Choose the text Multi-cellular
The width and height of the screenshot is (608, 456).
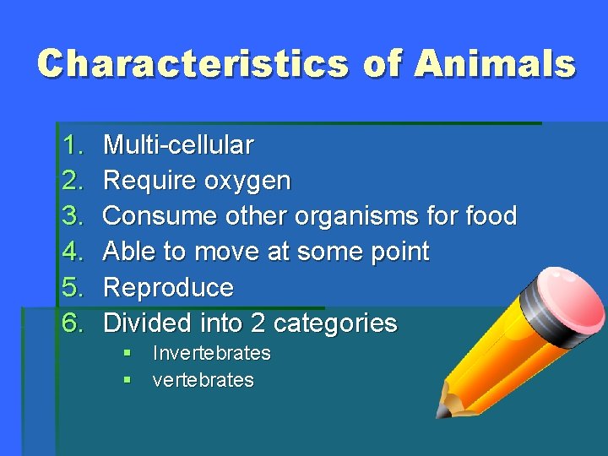tap(177, 145)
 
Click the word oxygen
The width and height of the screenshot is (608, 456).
tap(252, 182)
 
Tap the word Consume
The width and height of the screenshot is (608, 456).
tap(160, 216)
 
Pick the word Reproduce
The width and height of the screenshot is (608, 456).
tap(168, 287)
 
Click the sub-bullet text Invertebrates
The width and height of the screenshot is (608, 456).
tap(211, 353)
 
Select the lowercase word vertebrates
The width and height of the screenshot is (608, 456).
tap(203, 380)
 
